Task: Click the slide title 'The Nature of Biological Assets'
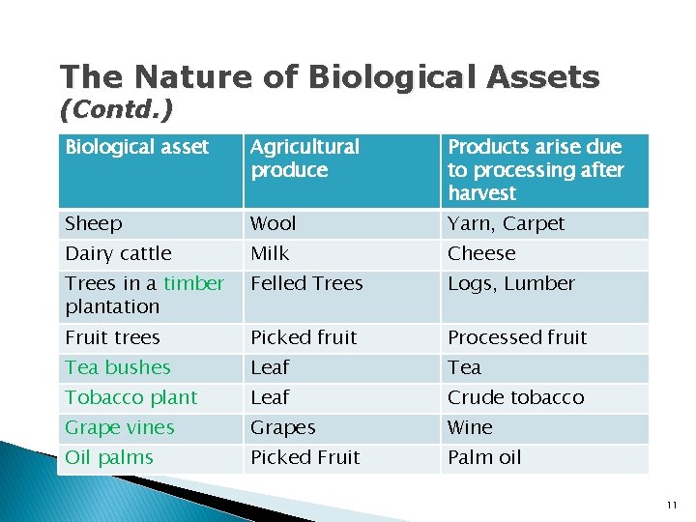click(329, 77)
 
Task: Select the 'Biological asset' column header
click(136, 148)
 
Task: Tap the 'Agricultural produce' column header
click(304, 159)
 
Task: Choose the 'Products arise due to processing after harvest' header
click(536, 170)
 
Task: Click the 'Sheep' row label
click(94, 224)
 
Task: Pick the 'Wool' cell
click(274, 224)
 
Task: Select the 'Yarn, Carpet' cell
click(506, 224)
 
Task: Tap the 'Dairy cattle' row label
click(118, 254)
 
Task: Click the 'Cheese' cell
click(481, 254)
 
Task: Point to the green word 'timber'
click(193, 284)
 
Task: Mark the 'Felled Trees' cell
click(306, 284)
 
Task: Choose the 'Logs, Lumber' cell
click(510, 284)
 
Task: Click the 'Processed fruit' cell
click(517, 338)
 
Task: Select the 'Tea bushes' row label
click(118, 368)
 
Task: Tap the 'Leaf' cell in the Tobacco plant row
click(270, 398)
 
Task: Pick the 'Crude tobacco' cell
click(515, 398)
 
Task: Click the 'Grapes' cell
click(283, 428)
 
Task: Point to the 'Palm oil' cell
click(484, 458)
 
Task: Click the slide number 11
click(672, 506)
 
